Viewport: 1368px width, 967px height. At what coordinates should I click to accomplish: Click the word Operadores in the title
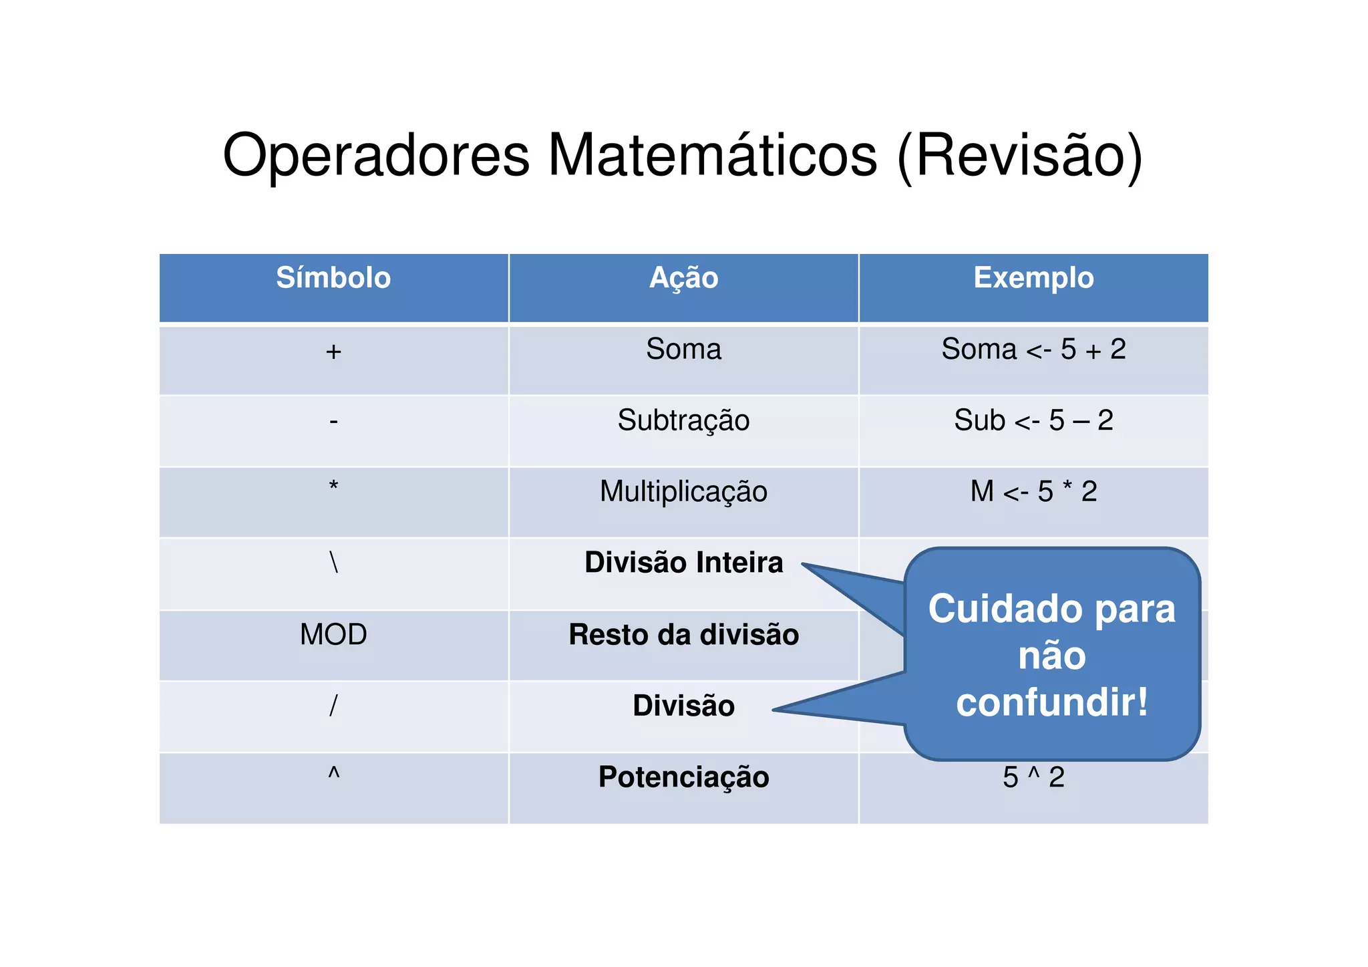tap(376, 155)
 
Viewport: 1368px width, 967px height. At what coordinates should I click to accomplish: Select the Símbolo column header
tap(333, 278)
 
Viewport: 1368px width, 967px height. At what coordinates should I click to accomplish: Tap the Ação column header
tap(683, 278)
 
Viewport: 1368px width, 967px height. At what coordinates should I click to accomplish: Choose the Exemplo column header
tap(1033, 278)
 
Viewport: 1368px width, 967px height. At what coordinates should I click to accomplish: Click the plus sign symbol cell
tap(333, 352)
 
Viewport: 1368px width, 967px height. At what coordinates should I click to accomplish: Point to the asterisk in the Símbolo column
tap(333, 487)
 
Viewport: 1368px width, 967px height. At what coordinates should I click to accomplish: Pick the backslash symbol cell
tap(334, 562)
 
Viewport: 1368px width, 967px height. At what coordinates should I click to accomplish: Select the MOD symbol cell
tap(333, 634)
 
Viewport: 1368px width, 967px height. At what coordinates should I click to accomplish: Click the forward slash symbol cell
tap(333, 706)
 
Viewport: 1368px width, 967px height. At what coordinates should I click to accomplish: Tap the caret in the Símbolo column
tap(334, 774)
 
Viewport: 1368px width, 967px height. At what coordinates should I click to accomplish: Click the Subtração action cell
tap(683, 420)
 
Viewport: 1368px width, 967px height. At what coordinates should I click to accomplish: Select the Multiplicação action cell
tap(683, 492)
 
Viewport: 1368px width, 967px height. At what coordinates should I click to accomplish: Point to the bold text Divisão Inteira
tap(683, 563)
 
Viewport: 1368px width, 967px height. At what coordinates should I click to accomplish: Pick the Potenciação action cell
tap(683, 777)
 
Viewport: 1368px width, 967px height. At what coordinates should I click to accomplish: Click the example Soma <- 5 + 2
tap(1033, 350)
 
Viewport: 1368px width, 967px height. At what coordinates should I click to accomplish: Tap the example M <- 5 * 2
tap(1033, 492)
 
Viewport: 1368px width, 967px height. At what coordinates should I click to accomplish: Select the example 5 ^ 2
tap(1033, 777)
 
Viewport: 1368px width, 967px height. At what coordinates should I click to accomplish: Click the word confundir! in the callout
tap(1052, 703)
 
